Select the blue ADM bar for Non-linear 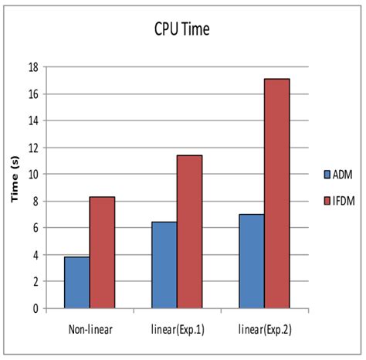[76, 282]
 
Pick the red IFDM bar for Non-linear [102, 253]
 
